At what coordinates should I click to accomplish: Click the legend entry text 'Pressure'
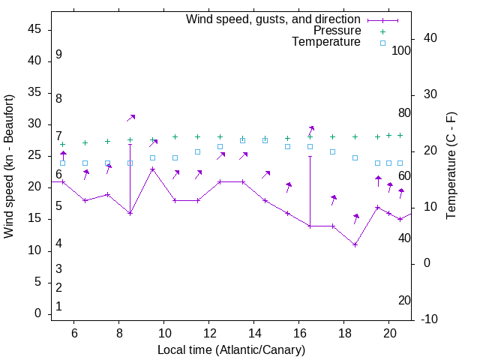(337, 31)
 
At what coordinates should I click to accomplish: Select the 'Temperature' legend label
(326, 43)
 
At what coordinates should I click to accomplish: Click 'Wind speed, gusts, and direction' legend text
(273, 19)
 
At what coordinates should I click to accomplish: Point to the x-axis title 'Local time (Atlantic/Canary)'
(231, 350)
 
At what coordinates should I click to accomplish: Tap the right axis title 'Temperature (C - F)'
(451, 166)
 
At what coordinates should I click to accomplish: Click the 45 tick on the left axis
(34, 29)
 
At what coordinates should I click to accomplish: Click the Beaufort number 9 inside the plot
(58, 55)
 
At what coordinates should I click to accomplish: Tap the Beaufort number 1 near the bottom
(58, 306)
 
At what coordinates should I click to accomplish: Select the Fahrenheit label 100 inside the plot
(402, 51)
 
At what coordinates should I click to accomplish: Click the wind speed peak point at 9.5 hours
(153, 169)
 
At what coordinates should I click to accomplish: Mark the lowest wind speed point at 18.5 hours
(355, 244)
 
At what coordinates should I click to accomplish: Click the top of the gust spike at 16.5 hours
(310, 156)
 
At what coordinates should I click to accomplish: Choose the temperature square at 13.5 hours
(243, 140)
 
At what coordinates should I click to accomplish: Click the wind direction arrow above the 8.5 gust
(130, 118)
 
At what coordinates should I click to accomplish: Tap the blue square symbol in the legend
(382, 43)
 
